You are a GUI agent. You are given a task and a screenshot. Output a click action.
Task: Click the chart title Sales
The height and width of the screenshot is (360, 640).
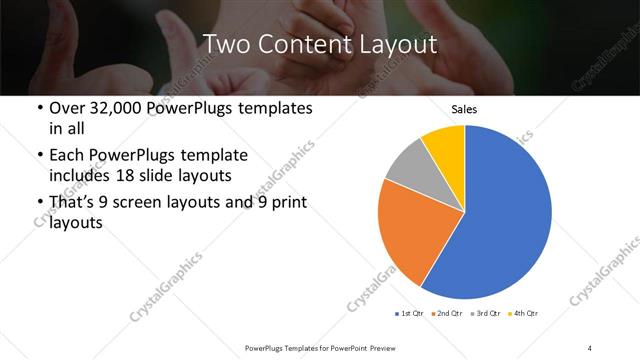pyautogui.click(x=464, y=109)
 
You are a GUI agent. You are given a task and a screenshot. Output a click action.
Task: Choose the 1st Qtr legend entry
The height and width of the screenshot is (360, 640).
pyautogui.click(x=409, y=314)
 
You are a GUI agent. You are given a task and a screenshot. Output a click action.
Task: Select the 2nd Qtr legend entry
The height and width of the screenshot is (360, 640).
pyautogui.click(x=447, y=314)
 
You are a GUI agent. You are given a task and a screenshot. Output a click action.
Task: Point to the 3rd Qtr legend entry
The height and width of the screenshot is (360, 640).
pyautogui.click(x=487, y=314)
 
